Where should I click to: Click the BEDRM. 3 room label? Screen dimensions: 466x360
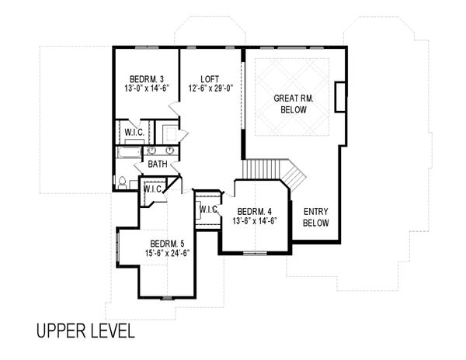click(147, 79)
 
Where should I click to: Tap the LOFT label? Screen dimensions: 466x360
click(210, 79)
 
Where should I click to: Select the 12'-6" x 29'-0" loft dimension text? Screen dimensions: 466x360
click(210, 88)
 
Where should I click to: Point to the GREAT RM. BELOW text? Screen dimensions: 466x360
click(294, 104)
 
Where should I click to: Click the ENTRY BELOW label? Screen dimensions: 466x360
click(316, 217)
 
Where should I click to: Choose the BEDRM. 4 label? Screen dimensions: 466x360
click(255, 212)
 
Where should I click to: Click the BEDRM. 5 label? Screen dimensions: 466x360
click(167, 244)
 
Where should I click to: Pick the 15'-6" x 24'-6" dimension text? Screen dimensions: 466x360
click(167, 253)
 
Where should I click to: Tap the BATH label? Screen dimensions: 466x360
click(158, 164)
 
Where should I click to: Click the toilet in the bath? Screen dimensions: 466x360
click(122, 183)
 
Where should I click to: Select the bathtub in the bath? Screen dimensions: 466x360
click(129, 153)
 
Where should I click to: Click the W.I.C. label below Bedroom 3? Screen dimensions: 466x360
click(134, 133)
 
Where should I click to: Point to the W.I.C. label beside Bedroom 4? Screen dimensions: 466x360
click(209, 209)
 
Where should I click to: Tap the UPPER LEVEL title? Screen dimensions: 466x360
click(85, 331)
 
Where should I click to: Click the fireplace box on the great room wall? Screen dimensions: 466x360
click(341, 97)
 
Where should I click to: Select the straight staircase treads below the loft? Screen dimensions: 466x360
click(261, 169)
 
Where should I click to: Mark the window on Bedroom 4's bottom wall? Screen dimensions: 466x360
click(255, 253)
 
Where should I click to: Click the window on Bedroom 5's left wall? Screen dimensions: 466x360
click(118, 247)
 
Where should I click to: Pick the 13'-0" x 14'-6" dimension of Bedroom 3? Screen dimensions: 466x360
click(147, 88)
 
